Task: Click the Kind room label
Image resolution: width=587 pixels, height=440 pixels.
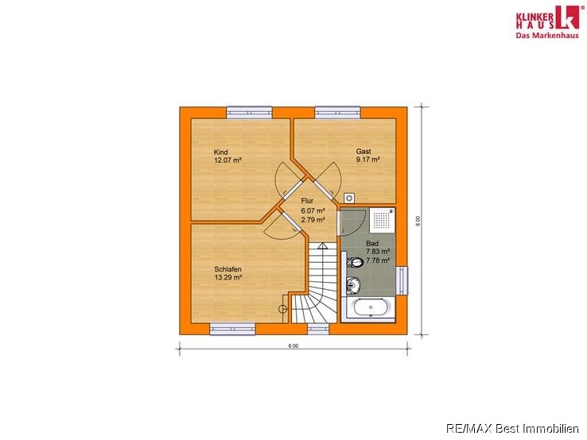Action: pos(220,152)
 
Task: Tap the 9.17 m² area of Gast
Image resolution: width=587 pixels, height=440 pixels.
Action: pos(368,160)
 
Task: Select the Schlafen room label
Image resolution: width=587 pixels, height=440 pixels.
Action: pos(227,269)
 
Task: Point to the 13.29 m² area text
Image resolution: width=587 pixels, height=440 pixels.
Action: pos(227,277)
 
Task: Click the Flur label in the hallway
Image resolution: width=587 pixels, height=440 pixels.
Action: pos(307,201)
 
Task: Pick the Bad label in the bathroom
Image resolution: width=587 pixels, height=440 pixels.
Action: pos(372,243)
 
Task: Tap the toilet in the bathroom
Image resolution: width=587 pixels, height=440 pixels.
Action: pos(355,262)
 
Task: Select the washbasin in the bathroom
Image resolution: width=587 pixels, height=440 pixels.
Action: pos(353,286)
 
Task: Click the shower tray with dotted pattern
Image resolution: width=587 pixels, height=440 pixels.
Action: pos(383,220)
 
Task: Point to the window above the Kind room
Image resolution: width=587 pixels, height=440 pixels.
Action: pos(249,113)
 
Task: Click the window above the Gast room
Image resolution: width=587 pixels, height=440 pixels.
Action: pos(338,113)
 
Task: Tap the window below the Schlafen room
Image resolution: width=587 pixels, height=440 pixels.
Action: pos(232,329)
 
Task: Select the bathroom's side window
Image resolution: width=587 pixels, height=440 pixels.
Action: pos(402,280)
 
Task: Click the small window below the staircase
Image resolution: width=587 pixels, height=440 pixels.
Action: pos(319,329)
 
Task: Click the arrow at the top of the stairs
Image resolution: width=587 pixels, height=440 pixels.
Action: pos(322,246)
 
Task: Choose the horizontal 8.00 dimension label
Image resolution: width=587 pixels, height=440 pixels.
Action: pos(293,345)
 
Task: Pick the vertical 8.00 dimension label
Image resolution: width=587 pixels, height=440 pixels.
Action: pos(418,222)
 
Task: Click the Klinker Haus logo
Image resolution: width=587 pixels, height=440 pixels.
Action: pos(547,21)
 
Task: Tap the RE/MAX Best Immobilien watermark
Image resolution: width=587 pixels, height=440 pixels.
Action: pos(512,428)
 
